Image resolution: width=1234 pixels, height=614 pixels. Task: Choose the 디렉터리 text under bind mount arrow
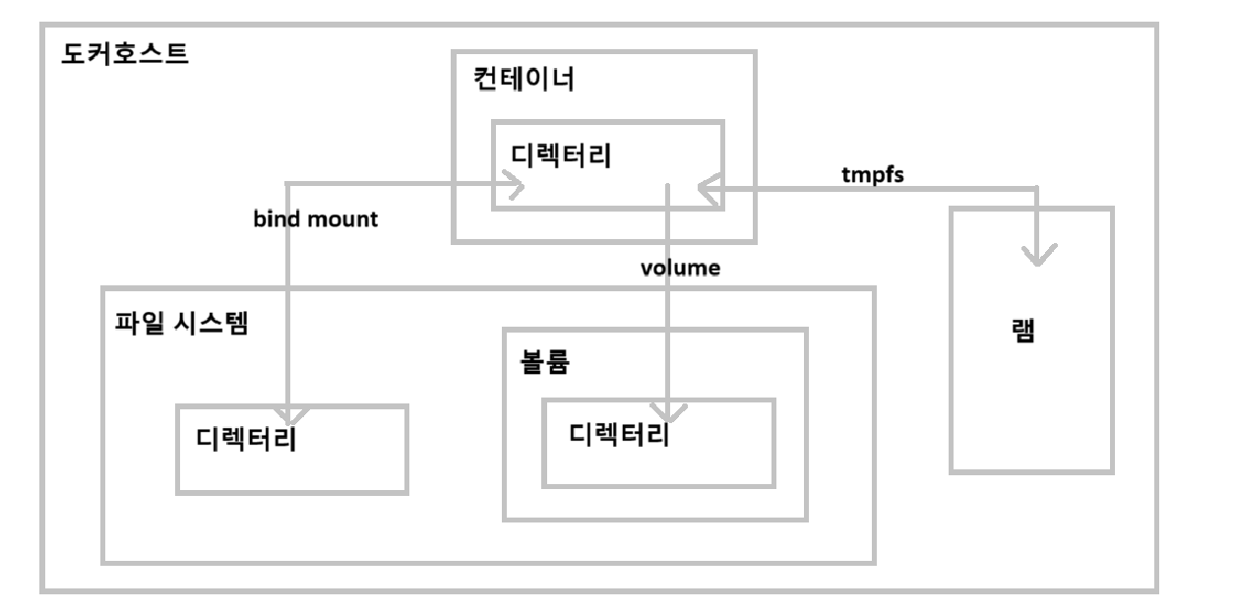[246, 439]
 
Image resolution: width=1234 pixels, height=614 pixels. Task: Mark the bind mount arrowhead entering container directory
[513, 184]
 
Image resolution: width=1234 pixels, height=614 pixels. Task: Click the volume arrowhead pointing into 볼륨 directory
[669, 413]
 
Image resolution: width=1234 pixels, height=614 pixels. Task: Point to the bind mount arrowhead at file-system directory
[286, 415]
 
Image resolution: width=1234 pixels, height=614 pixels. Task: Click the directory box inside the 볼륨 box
[658, 467]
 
